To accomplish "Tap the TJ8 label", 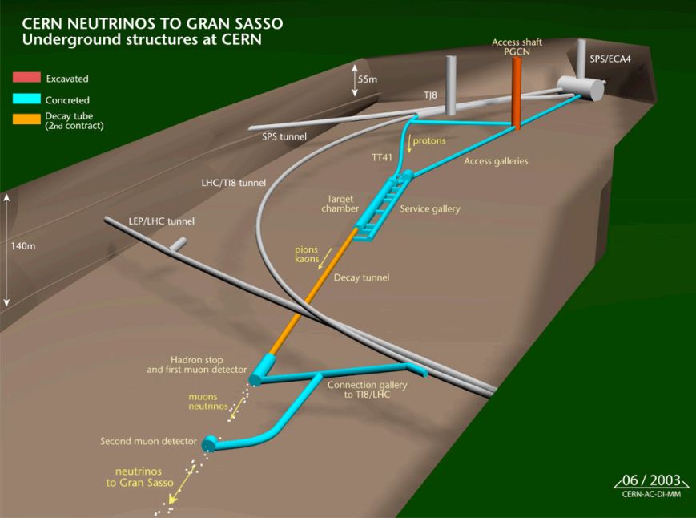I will tap(431, 95).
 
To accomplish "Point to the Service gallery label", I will tap(430, 209).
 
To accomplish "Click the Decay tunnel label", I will tap(361, 277).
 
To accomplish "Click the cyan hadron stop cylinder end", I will tap(255, 374).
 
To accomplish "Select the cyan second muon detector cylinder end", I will tap(211, 443).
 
